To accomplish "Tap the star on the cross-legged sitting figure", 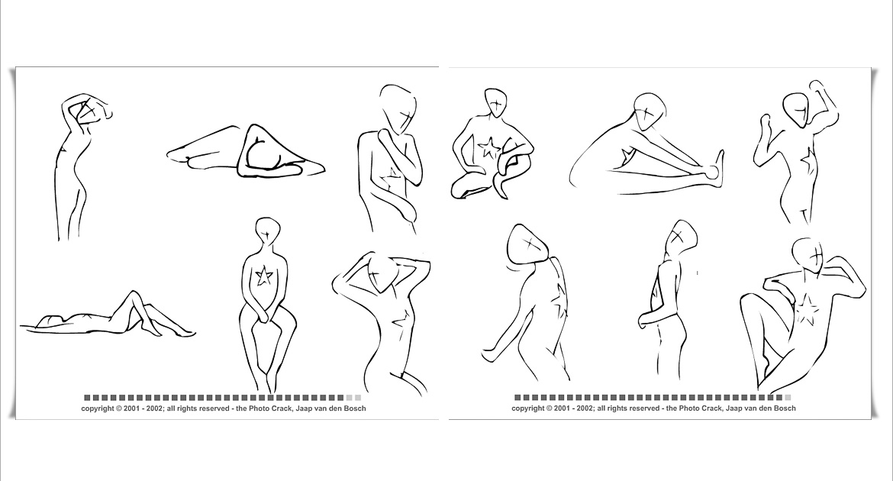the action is (x=488, y=148).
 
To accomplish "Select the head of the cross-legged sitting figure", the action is (x=496, y=103).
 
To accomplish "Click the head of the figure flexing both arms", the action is (x=796, y=110).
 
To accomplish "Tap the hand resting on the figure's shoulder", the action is (x=385, y=137).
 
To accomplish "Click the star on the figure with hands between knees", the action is (x=263, y=276).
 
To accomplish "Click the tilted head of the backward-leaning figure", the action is (x=528, y=244).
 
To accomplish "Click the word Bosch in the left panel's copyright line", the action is (x=354, y=408).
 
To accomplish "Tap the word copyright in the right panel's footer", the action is (x=529, y=408).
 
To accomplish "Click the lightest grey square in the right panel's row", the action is (x=788, y=398).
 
